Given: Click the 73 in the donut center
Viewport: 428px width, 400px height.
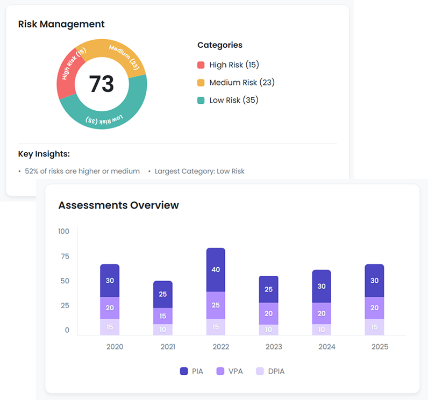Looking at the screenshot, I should pos(102,84).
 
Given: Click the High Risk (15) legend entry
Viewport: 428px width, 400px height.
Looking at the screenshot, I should pos(228,65).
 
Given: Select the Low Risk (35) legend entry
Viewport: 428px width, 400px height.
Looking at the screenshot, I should pos(228,101).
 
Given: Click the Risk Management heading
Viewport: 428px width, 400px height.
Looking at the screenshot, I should pos(61,24).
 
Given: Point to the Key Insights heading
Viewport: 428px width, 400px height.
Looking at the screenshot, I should pos(44,154).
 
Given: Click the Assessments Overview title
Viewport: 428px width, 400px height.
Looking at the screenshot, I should pos(118,205).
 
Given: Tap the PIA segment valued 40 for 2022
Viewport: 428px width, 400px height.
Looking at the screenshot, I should pos(216,270).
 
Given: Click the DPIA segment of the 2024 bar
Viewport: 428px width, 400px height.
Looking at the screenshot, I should pos(322,330).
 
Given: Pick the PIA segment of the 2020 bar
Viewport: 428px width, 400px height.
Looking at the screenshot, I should pos(110,281).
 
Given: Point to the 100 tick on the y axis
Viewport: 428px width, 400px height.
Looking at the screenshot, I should pos(64,231).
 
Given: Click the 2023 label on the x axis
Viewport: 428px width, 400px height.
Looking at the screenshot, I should pos(273,347).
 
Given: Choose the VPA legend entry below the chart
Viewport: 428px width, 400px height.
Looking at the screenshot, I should pos(229,371).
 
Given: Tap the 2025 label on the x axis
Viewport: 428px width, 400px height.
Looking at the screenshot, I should pos(380,347).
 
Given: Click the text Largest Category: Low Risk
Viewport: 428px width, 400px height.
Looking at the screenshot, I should pos(199,172).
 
